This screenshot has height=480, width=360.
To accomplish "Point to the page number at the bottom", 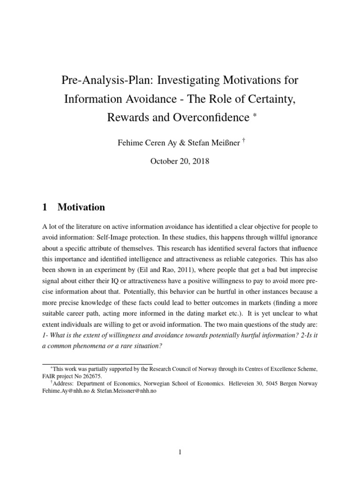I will click(180, 439).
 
